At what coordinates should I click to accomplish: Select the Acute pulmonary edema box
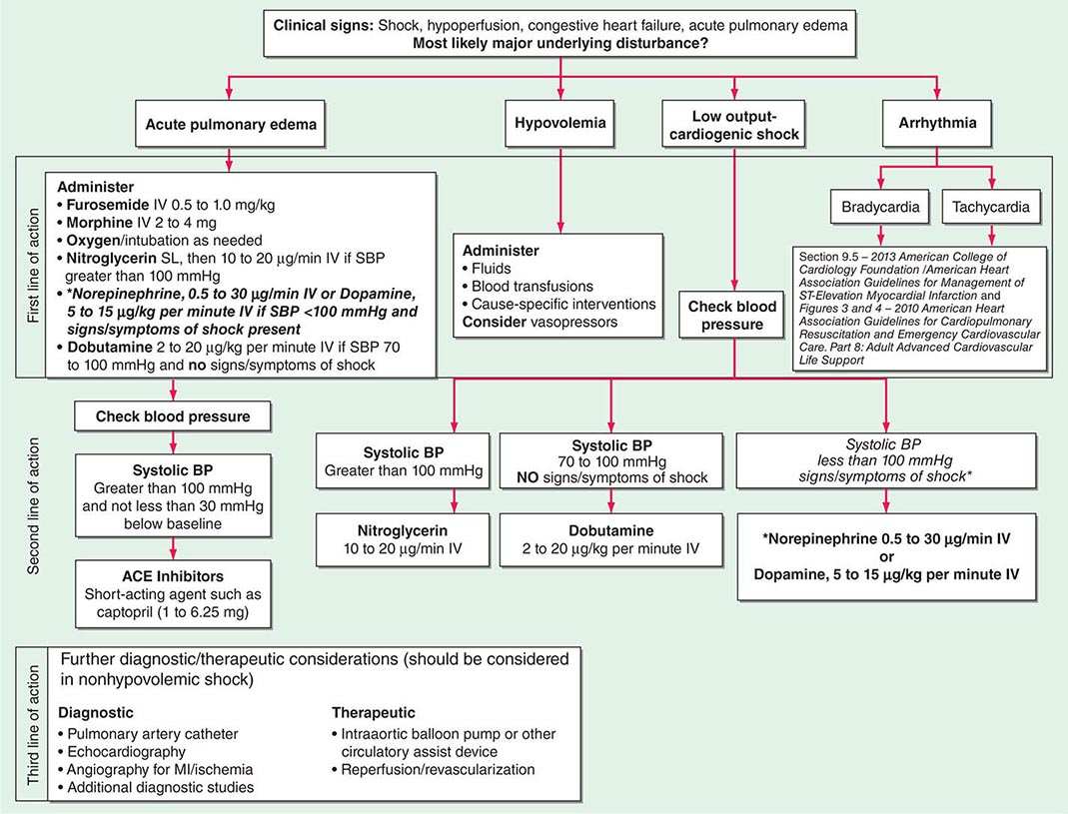click(x=230, y=127)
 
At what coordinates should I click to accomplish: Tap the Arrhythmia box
click(x=936, y=127)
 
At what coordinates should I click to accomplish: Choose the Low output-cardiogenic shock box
click(x=734, y=127)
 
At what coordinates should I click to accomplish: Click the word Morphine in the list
click(x=99, y=223)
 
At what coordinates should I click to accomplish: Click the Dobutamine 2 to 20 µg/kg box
click(x=610, y=539)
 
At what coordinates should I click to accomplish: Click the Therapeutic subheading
click(x=373, y=713)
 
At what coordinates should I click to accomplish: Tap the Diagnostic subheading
click(x=98, y=713)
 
